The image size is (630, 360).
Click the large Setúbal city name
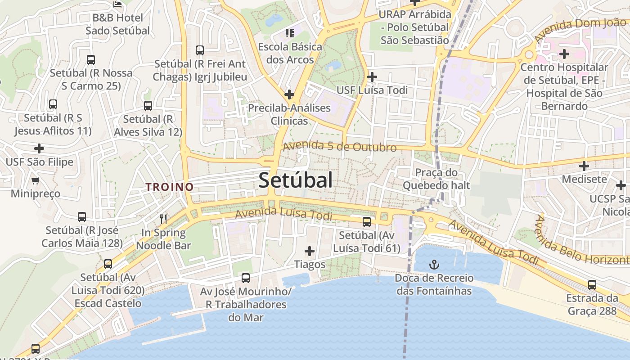(x=296, y=180)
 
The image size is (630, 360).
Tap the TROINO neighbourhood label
(x=170, y=187)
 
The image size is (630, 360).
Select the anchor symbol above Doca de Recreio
(x=434, y=264)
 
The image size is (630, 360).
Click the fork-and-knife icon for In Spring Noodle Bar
(x=163, y=219)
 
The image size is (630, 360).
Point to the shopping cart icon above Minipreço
(x=36, y=180)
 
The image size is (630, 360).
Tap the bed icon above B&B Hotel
(x=118, y=5)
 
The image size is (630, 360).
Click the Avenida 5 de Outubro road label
(x=340, y=146)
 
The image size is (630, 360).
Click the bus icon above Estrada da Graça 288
(x=592, y=285)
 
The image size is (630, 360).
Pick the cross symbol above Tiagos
(x=310, y=251)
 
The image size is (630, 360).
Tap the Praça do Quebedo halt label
(x=436, y=179)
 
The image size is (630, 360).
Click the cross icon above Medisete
(x=584, y=166)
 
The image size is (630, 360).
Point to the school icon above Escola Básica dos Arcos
(x=289, y=33)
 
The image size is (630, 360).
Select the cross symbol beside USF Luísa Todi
(x=372, y=77)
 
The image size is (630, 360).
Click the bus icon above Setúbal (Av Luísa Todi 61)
(x=367, y=221)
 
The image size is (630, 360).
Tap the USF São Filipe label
(x=39, y=162)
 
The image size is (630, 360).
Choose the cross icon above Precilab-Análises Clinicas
(x=289, y=94)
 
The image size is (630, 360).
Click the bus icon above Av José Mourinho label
(x=245, y=278)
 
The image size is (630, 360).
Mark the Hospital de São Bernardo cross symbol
(x=564, y=54)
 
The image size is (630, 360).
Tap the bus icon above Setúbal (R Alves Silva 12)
(x=148, y=106)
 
